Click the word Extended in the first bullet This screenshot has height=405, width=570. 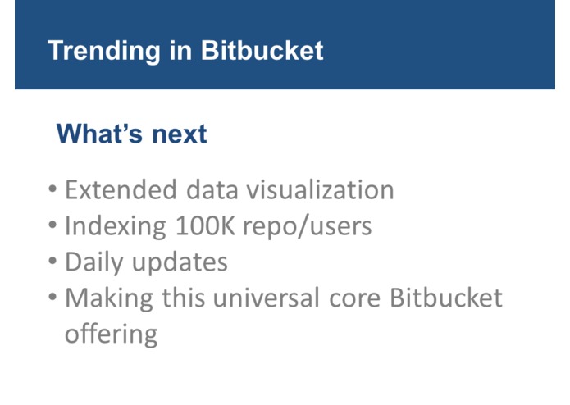click(x=120, y=190)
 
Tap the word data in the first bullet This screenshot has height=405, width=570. click(x=210, y=190)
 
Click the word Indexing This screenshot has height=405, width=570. click(x=116, y=226)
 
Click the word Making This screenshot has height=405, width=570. click(x=107, y=298)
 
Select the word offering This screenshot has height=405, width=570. click(x=111, y=334)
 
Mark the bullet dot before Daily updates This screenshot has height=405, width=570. click(x=52, y=262)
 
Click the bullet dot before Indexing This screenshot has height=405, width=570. click(x=52, y=226)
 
